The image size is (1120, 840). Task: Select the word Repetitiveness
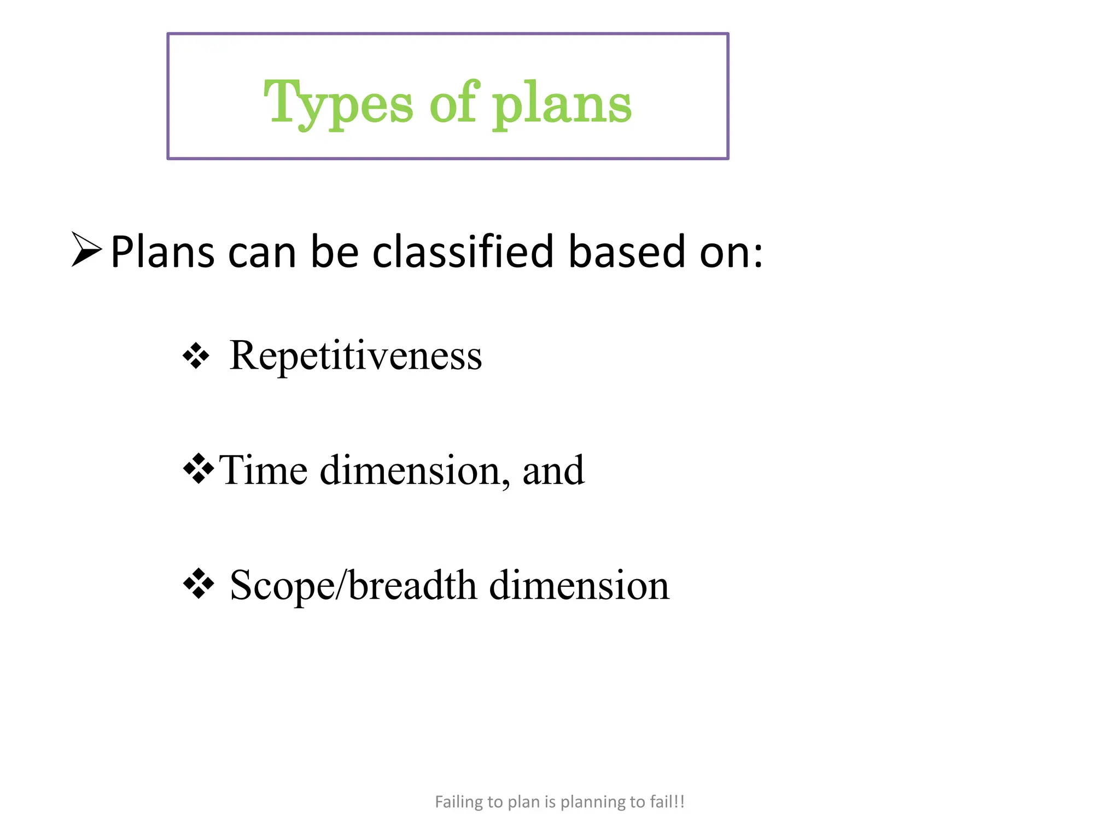(x=355, y=355)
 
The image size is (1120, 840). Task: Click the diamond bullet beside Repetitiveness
(x=196, y=357)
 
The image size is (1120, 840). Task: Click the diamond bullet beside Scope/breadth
(x=198, y=584)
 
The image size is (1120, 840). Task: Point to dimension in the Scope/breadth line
(x=579, y=585)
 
